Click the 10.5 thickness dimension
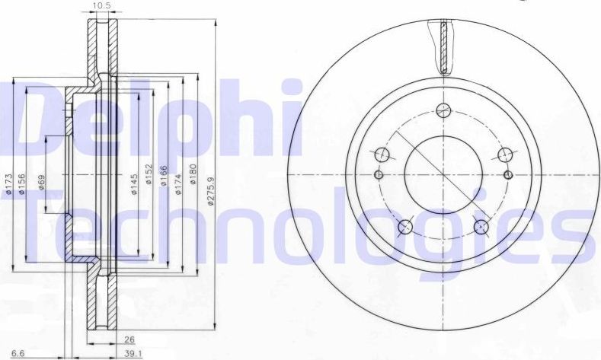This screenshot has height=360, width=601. [x=99, y=7]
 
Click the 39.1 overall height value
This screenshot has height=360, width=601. [x=123, y=353]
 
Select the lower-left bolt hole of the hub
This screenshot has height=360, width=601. [x=405, y=226]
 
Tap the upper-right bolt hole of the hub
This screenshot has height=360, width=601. [x=503, y=155]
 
